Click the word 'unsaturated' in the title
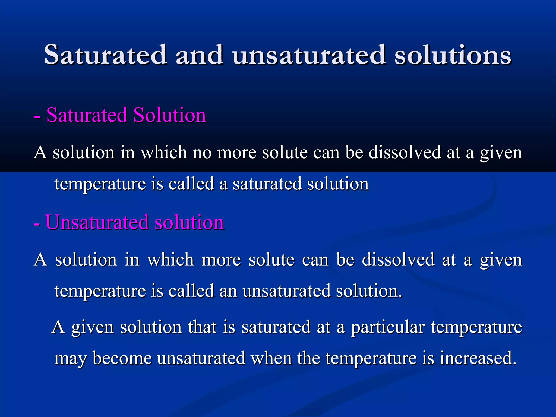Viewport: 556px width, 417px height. coord(309,55)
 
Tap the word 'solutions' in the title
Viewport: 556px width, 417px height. coord(453,55)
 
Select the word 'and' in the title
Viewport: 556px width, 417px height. coord(200,55)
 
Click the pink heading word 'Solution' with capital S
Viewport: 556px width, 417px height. coord(170,115)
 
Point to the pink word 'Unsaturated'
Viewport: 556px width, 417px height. coord(97,222)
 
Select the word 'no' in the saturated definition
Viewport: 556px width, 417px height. coord(202,152)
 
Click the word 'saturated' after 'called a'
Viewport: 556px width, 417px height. coord(267,184)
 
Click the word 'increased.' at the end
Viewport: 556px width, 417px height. coord(478,358)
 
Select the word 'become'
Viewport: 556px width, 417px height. coord(122,358)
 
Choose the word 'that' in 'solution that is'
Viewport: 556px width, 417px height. coord(203,327)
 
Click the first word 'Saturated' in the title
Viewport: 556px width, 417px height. coord(105,55)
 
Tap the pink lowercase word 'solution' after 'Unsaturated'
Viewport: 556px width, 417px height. coord(189,222)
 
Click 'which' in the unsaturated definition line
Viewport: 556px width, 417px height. coord(170,260)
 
